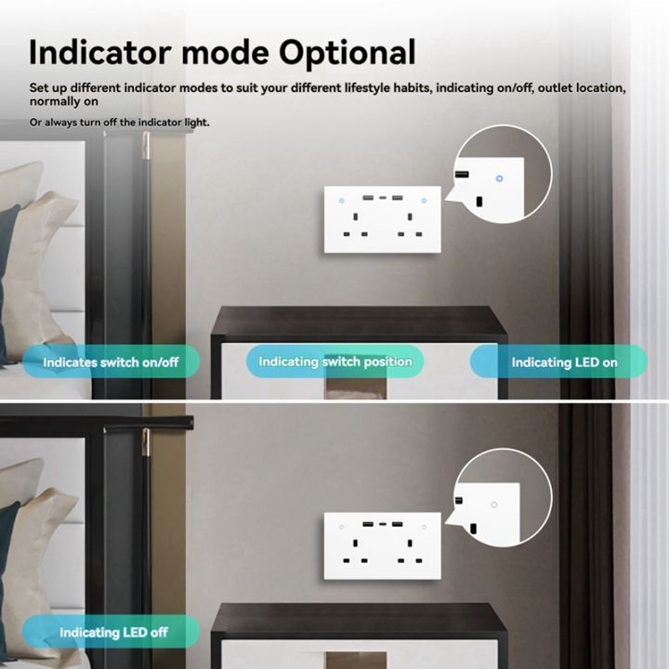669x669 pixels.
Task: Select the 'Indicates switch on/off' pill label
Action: [x=111, y=361]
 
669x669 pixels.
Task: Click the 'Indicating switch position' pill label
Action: [x=334, y=361]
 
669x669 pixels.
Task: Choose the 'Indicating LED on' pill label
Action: [x=564, y=362]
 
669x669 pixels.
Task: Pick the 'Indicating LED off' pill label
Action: [x=113, y=632]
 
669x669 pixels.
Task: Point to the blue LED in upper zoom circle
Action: [x=500, y=177]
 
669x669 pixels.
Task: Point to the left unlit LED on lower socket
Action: [x=342, y=527]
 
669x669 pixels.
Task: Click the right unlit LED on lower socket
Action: [x=423, y=527]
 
